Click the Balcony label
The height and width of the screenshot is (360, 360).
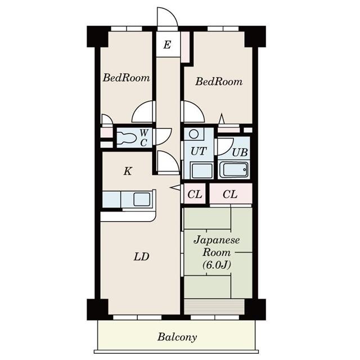177,337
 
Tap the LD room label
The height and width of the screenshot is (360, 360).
141,257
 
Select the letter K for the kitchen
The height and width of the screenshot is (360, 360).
128,171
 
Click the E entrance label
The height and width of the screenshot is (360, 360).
167,45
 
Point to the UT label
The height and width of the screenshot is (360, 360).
197,151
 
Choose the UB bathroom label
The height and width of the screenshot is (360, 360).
240,152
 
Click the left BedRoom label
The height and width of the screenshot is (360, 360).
126,78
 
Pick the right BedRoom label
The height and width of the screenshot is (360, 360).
219,82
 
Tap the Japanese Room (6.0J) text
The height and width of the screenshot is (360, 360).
217,252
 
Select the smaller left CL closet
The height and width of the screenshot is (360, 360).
195,195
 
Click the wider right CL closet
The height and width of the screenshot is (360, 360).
230,195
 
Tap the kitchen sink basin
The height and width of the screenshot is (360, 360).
141,199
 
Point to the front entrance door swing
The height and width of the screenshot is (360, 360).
167,18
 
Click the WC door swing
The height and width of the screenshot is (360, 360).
163,137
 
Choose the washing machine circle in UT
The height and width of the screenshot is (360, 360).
194,134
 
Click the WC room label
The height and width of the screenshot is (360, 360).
144,137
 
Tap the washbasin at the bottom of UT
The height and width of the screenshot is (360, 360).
197,170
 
